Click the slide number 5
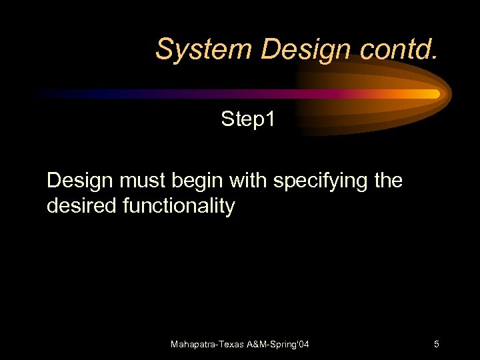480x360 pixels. click(436, 345)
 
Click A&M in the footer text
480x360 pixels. click(262, 345)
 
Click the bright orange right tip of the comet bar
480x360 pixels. click(432, 94)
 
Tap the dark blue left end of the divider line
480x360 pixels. click(60, 94)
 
